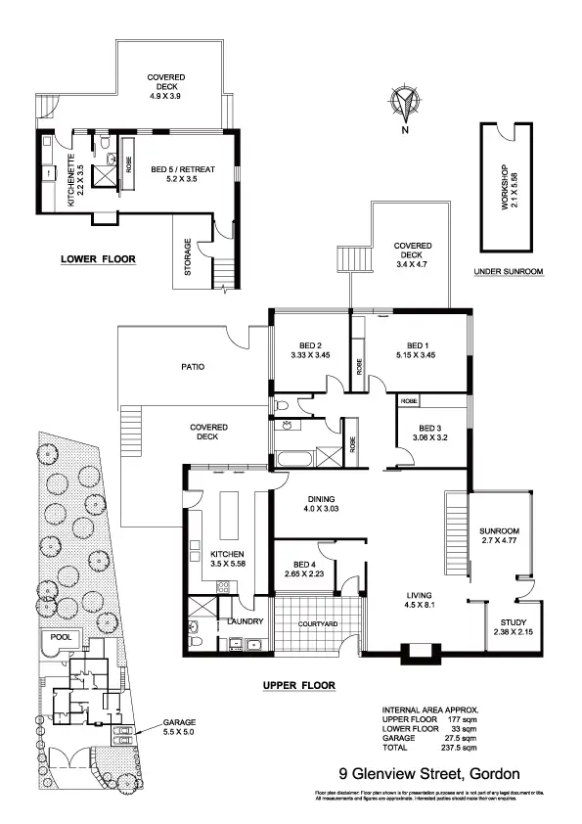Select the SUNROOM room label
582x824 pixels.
point(499,532)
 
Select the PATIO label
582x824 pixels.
point(193,368)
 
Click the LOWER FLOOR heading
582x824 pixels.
point(98,260)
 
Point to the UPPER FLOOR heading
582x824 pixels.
point(299,685)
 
